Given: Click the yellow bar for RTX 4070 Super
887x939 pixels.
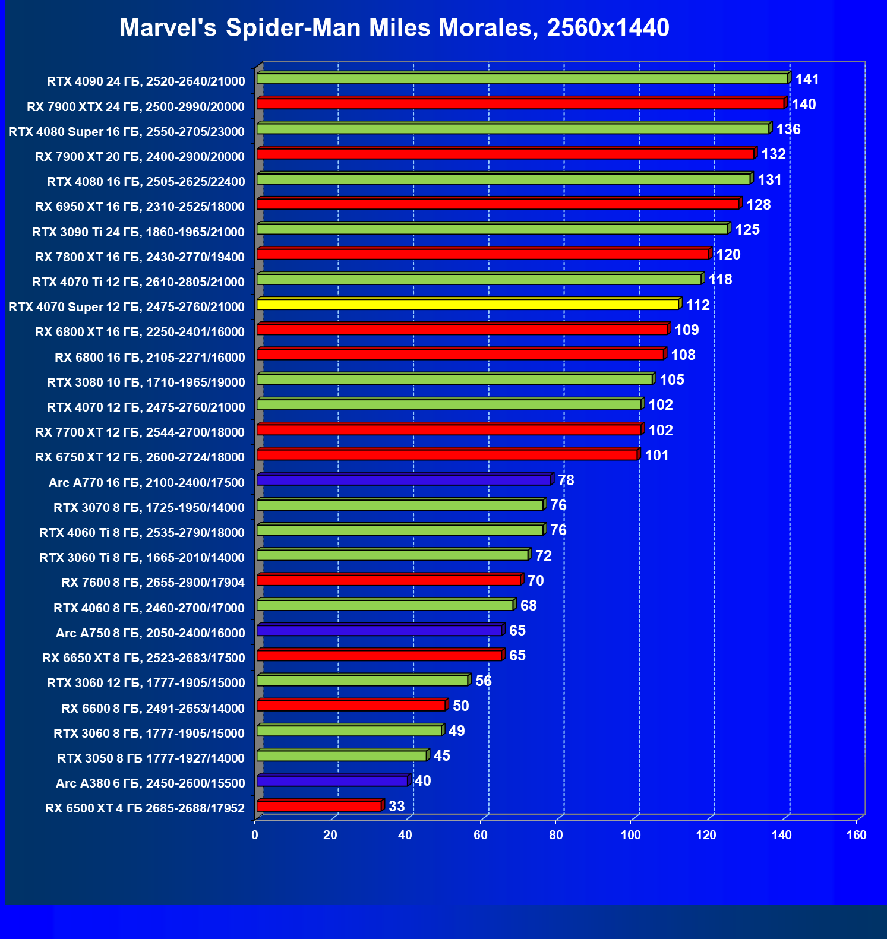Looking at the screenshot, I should [468, 305].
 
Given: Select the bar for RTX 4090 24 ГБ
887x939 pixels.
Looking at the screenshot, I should [522, 79].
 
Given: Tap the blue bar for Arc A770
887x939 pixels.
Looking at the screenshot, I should [404, 480].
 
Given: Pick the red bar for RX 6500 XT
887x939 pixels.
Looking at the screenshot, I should [319, 806].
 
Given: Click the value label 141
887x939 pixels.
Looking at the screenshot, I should [807, 80].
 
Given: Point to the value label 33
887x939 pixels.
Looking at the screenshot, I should [396, 806].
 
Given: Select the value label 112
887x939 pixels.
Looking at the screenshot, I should [697, 305].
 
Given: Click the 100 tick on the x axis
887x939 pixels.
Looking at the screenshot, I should [630, 835].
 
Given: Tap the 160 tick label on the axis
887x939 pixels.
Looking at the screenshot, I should [856, 835].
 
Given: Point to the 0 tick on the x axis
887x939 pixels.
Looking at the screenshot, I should [255, 835].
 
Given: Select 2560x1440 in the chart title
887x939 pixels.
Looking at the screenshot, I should [608, 28].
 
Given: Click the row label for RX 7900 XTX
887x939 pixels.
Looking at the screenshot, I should [135, 107].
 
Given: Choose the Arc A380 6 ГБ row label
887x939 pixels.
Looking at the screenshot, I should [150, 783].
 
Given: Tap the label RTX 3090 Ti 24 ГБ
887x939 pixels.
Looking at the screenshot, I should [138, 232].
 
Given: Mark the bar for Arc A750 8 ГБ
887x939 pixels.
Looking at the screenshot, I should [380, 630].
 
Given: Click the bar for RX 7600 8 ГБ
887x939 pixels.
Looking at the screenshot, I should [389, 580].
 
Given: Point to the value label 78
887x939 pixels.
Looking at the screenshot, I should [566, 480].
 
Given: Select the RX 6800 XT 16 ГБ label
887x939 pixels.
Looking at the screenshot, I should [140, 332].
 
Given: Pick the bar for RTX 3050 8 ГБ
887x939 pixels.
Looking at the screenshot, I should [342, 756].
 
